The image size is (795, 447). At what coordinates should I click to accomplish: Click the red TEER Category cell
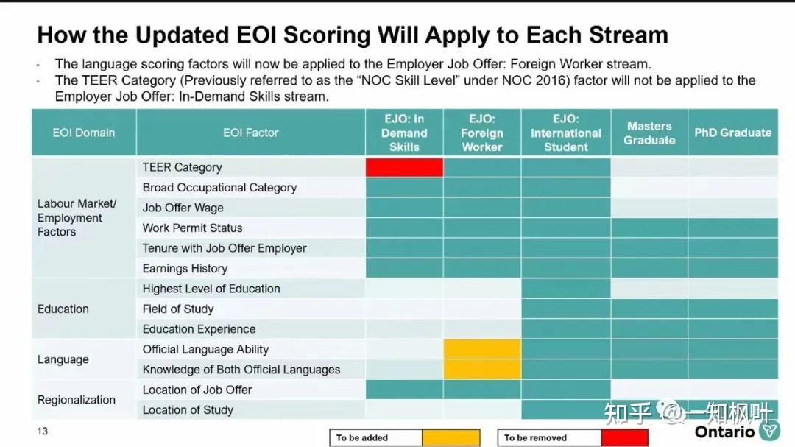(x=404, y=167)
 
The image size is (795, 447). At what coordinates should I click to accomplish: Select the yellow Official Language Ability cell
(x=482, y=349)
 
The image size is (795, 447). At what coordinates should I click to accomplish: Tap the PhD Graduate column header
(x=732, y=133)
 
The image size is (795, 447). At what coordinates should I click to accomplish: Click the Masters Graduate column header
(x=649, y=133)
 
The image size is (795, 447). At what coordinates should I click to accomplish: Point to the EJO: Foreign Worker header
(x=482, y=133)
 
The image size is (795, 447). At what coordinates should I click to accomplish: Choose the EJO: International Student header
(x=566, y=133)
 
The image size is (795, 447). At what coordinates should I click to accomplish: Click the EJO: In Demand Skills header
(x=404, y=133)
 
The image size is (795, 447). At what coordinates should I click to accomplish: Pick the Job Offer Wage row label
(x=183, y=208)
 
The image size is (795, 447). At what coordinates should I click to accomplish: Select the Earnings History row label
(x=185, y=269)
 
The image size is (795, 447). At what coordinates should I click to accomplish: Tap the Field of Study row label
(x=178, y=309)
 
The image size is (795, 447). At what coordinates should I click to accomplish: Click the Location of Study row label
(x=188, y=410)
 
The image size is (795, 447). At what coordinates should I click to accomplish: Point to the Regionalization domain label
(x=77, y=400)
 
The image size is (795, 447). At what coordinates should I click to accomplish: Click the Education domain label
(x=63, y=309)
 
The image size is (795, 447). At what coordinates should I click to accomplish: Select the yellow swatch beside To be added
(x=451, y=438)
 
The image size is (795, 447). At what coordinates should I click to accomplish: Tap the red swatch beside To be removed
(x=624, y=438)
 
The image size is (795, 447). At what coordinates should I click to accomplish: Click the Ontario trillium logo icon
(x=768, y=431)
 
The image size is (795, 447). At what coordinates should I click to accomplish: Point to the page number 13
(x=42, y=431)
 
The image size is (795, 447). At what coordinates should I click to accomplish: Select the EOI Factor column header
(x=251, y=133)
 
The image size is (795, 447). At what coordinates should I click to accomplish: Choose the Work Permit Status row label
(x=192, y=228)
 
